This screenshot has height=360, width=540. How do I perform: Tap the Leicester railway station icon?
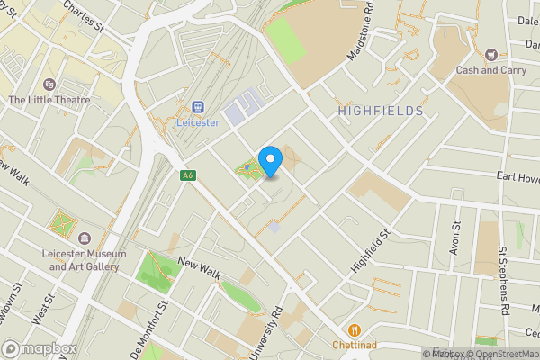click(197, 105)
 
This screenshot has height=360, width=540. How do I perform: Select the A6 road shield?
click(187, 175)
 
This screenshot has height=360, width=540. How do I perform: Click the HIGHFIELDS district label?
click(381, 111)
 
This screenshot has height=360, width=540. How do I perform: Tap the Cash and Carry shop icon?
click(490, 55)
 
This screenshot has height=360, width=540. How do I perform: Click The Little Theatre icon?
click(48, 84)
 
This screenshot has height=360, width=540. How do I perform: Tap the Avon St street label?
click(456, 237)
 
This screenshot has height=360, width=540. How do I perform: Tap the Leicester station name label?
click(197, 122)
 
